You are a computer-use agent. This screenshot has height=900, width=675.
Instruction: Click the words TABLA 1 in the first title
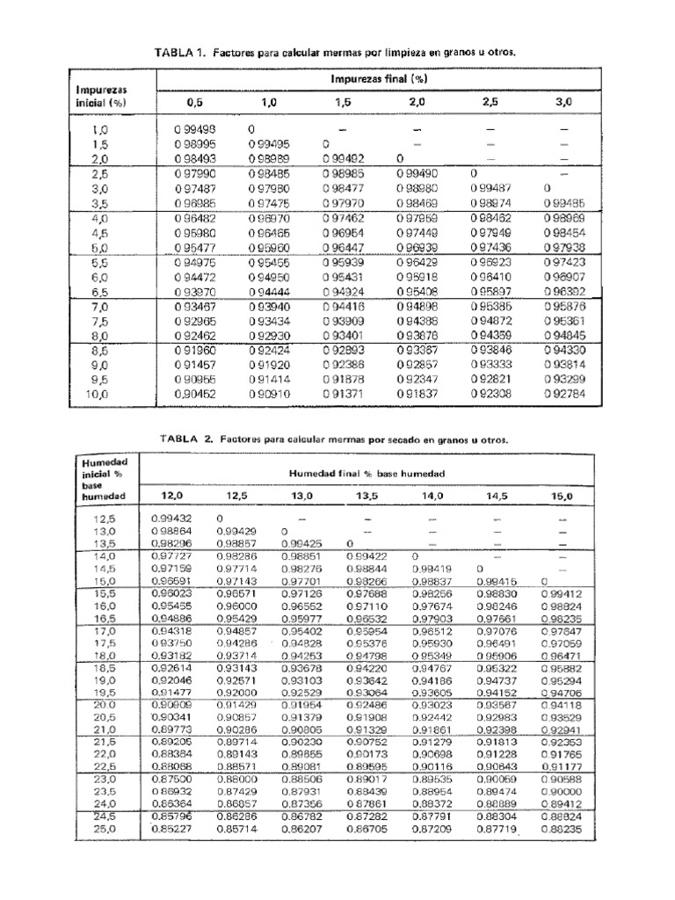pos(178,53)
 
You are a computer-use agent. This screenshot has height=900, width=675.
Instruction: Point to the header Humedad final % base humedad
pos(367,473)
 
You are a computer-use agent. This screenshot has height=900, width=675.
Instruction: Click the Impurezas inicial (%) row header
pos(102,95)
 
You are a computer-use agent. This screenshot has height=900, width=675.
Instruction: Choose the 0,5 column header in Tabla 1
pos(195,103)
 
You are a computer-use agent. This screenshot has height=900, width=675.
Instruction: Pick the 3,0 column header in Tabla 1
pos(563,103)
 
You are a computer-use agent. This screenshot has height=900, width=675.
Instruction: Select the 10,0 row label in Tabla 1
pos(98,396)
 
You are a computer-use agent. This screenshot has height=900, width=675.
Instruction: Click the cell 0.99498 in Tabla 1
pos(195,129)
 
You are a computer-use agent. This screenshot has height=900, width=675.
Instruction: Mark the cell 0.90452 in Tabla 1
pos(195,396)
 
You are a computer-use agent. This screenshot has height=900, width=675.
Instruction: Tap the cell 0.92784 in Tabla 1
pos(563,396)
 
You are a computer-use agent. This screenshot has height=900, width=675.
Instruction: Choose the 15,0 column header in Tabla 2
pos(562,496)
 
